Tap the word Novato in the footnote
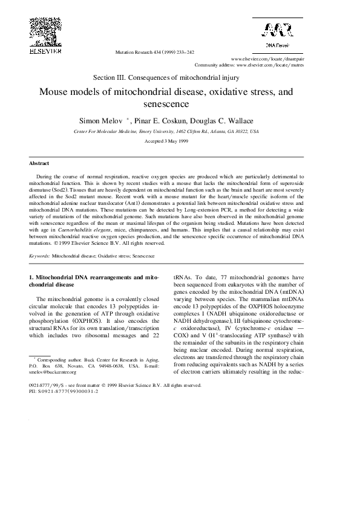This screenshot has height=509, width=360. click(77, 366)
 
